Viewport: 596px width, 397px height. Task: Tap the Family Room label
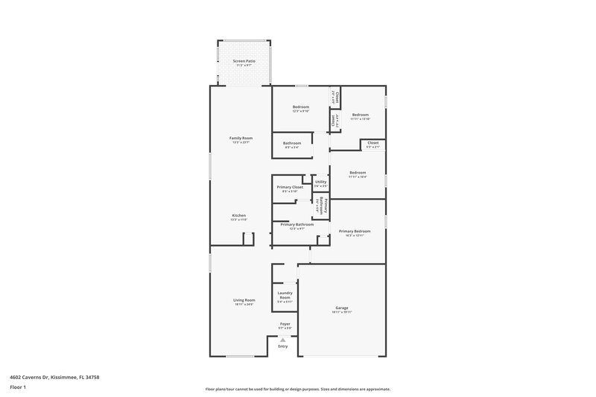(241, 138)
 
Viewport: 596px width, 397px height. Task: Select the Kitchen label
(238, 215)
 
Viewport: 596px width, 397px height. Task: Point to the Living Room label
(244, 299)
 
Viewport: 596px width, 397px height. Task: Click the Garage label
(342, 308)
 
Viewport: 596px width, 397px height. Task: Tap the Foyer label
(285, 324)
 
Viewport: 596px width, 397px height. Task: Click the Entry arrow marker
(282, 340)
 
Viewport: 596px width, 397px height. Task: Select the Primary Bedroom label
(355, 231)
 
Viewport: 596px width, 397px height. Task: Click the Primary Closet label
(290, 187)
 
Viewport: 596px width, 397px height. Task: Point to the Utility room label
(320, 182)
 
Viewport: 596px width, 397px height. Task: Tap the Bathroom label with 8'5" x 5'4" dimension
(291, 143)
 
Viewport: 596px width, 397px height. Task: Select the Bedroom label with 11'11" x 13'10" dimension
(361, 115)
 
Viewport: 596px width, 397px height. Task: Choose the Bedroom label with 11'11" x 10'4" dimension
(358, 173)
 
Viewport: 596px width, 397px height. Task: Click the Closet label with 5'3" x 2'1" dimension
(372, 142)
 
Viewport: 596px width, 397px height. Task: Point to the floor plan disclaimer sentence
(297, 389)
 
